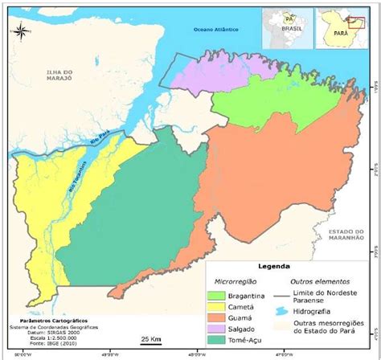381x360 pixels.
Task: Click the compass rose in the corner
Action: click(x=23, y=33)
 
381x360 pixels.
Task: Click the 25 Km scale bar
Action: click(x=149, y=341)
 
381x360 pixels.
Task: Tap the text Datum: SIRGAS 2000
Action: click(x=34, y=333)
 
